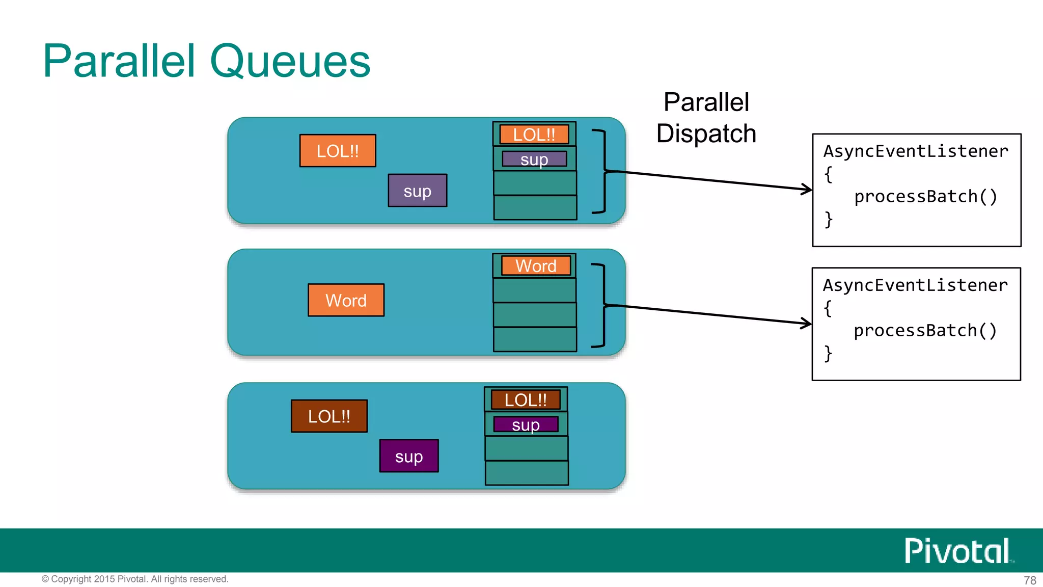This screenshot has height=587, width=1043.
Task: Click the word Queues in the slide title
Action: [290, 61]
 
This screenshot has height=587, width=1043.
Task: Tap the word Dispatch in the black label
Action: [706, 134]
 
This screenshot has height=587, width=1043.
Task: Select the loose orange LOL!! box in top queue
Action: [338, 151]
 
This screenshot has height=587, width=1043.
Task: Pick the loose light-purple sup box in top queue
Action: [418, 191]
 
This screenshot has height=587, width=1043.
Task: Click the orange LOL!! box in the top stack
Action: [534, 135]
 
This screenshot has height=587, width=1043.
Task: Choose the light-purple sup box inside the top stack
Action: [534, 159]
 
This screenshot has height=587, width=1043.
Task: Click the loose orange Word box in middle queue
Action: [346, 300]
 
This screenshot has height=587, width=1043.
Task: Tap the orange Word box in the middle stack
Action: [536, 265]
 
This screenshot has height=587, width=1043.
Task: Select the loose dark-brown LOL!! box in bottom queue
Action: [330, 416]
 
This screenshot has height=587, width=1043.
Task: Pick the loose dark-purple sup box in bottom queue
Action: [409, 456]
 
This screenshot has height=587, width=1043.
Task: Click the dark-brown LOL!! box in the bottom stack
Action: [526, 400]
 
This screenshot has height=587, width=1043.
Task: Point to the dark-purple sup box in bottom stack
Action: [526, 424]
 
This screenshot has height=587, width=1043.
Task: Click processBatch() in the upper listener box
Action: [925, 197]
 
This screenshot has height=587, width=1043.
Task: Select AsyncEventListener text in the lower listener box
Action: [915, 285]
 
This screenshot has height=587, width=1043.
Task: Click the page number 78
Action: [1030, 580]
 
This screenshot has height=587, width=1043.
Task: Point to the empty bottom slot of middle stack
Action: [535, 339]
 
